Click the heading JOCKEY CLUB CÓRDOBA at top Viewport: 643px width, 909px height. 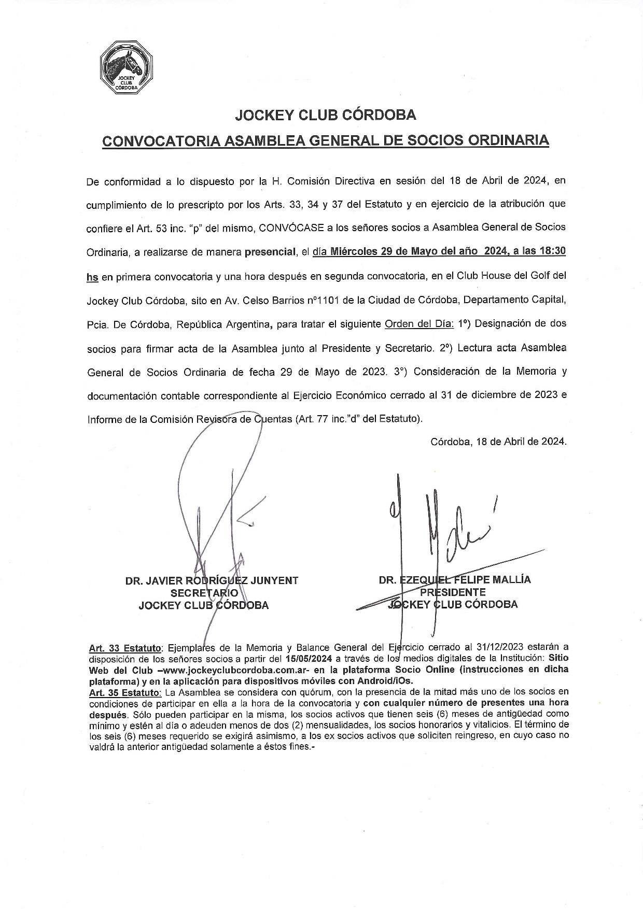(x=325, y=115)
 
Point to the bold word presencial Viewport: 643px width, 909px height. (x=269, y=252)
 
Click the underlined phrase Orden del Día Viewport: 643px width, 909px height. (x=419, y=323)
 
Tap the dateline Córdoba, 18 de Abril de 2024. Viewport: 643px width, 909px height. (x=498, y=442)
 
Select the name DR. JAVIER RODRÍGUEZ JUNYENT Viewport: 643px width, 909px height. (x=212, y=580)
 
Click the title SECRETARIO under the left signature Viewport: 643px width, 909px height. (x=204, y=593)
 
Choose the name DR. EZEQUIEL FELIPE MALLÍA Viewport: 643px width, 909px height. (x=455, y=580)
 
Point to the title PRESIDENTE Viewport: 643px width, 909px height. (x=453, y=592)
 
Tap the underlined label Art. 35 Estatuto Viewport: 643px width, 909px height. (x=125, y=692)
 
